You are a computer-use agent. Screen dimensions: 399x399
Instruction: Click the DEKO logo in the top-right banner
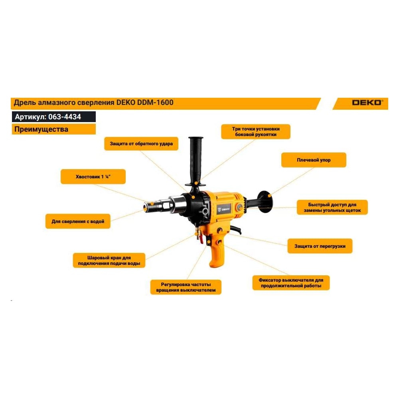click(367, 103)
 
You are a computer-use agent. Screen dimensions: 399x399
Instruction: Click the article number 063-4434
click(65, 117)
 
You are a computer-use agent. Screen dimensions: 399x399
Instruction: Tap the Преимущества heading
click(41, 129)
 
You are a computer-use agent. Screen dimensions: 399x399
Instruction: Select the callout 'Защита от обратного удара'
click(141, 144)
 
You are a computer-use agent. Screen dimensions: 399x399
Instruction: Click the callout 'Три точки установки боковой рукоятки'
click(256, 132)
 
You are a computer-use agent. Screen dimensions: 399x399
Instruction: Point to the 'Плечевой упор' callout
click(314, 160)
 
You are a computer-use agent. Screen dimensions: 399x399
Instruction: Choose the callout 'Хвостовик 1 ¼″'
click(93, 177)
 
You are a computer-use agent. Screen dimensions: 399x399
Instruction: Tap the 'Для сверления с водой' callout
click(78, 221)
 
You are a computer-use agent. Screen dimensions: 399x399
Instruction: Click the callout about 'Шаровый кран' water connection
click(109, 260)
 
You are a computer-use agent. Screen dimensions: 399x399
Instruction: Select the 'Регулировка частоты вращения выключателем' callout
click(186, 287)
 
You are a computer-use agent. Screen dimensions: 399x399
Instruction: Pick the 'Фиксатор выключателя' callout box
click(291, 283)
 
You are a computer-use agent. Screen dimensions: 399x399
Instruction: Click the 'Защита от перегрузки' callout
click(320, 246)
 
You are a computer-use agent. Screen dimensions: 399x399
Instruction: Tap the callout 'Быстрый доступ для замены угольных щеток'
click(332, 207)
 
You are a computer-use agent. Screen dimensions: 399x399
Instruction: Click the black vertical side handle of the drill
click(196, 161)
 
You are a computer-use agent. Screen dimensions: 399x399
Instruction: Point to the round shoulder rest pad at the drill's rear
click(265, 202)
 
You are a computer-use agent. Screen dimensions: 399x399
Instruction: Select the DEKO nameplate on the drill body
click(224, 209)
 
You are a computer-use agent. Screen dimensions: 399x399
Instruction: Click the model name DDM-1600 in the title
click(155, 103)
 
